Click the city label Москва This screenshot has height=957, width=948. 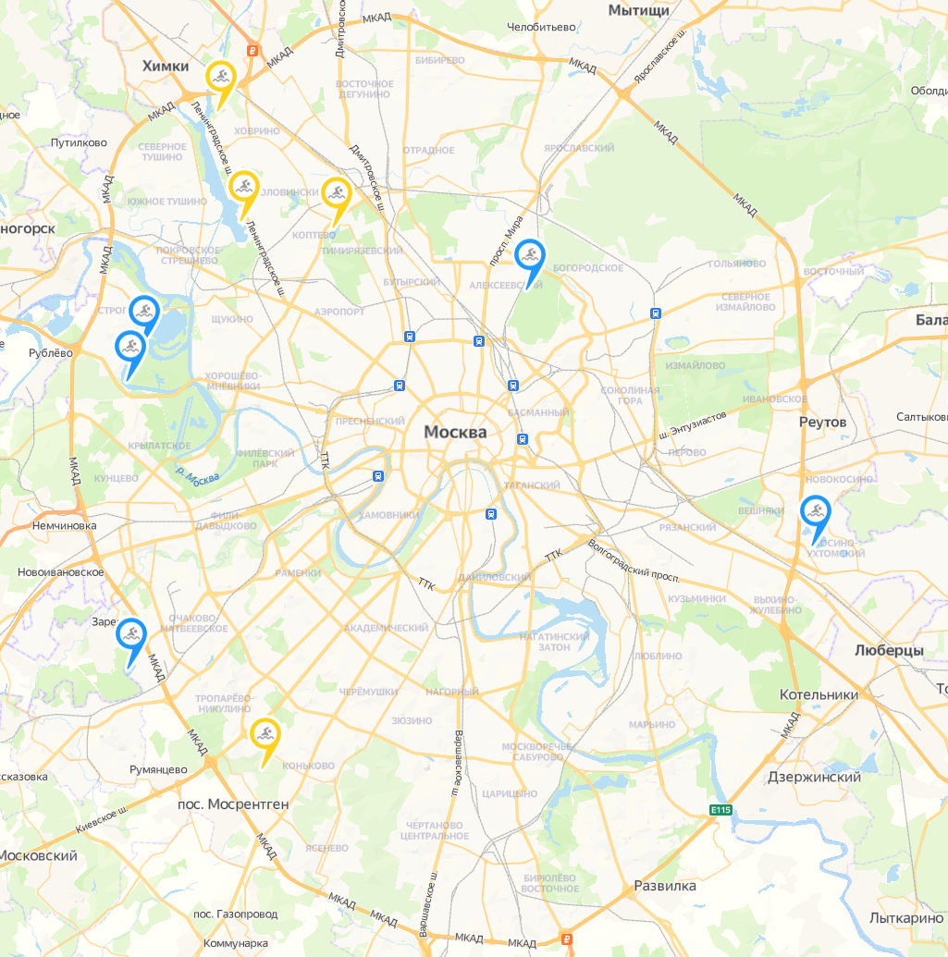[454, 432]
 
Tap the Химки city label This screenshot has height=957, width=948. [166, 66]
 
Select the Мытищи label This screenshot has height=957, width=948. [638, 10]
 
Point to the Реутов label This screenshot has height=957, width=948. [822, 422]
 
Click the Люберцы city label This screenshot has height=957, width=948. [889, 650]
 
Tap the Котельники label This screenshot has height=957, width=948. [819, 694]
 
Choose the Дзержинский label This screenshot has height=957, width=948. [814, 777]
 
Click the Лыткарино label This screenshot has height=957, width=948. [906, 918]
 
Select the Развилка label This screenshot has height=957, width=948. [665, 886]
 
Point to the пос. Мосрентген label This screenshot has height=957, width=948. [233, 804]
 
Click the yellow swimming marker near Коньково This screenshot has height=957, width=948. [265, 734]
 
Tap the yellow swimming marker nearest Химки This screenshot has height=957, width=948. [220, 77]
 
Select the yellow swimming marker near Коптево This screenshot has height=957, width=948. [336, 193]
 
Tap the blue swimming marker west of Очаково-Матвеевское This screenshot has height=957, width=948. [131, 634]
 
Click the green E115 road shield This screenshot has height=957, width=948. [720, 810]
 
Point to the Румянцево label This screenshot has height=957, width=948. [157, 769]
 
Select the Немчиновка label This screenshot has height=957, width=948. [64, 525]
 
